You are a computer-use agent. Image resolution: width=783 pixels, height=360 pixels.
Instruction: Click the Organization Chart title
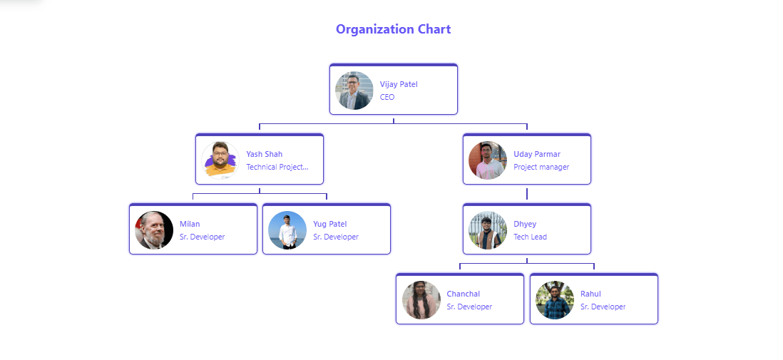click(393, 29)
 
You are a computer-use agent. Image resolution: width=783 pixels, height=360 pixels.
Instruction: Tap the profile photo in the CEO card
click(354, 91)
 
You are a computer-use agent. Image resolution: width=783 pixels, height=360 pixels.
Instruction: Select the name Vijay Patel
click(399, 84)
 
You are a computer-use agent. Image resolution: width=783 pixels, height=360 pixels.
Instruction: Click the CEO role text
click(387, 97)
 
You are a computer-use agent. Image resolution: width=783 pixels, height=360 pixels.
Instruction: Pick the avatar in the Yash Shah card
click(221, 160)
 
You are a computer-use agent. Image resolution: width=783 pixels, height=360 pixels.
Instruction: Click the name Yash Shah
click(264, 154)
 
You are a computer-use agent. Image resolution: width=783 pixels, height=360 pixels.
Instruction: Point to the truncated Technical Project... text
click(277, 167)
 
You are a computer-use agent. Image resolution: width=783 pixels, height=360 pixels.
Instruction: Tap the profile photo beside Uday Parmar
click(488, 160)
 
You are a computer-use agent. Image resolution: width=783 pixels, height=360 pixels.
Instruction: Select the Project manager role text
click(541, 167)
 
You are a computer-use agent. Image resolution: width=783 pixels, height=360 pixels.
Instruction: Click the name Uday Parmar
click(537, 154)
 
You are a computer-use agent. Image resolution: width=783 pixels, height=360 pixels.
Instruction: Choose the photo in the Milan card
click(154, 230)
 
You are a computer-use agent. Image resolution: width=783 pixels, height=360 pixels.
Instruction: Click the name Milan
click(190, 224)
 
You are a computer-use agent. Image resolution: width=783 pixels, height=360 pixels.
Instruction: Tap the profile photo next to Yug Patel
click(287, 230)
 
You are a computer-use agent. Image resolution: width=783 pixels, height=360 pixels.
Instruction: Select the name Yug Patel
click(329, 224)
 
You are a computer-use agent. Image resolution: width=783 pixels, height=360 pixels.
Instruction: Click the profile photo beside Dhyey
click(488, 230)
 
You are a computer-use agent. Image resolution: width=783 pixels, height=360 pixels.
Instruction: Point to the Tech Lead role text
click(530, 237)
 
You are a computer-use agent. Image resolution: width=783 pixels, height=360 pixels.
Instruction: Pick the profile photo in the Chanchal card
click(421, 300)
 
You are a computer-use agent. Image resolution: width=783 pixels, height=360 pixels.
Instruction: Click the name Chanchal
click(463, 294)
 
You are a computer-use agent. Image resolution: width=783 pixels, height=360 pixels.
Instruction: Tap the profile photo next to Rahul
click(555, 300)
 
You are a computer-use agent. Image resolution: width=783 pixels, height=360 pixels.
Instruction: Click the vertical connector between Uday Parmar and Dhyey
click(527, 194)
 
